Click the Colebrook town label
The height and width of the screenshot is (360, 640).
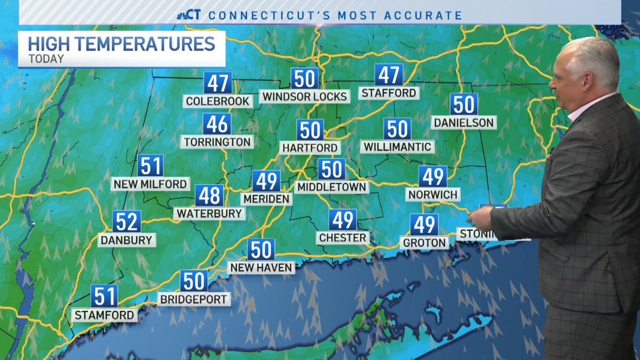point(218,101)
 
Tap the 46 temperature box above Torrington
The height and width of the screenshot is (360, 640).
point(217,124)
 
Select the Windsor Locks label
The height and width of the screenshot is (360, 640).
point(305,96)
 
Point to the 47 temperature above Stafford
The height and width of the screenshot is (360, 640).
point(389,75)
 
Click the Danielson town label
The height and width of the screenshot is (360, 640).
point(463,123)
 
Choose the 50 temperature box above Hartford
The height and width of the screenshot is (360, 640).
point(310,130)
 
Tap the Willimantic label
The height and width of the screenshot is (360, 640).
point(397,146)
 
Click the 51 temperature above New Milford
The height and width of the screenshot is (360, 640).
point(150,166)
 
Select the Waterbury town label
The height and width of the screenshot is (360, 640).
point(209,213)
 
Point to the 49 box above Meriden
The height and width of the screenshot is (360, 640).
point(266,181)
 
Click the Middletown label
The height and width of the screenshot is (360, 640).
point(332,187)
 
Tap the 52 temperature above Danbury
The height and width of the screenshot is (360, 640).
point(127,221)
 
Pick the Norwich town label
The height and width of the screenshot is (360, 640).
point(433,194)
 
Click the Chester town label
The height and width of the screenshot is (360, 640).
point(342,237)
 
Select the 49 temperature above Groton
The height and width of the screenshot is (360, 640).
point(424,225)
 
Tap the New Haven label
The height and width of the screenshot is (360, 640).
point(261,267)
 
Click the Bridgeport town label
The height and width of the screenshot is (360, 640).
point(194,299)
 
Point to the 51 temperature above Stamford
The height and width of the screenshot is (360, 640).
point(104,295)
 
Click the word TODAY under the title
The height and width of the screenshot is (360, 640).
point(46,59)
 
